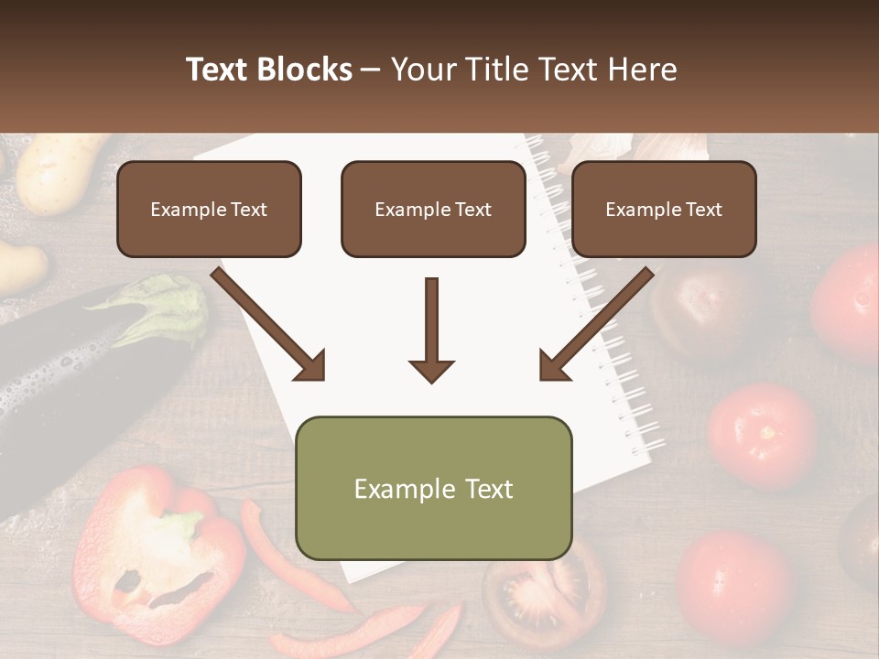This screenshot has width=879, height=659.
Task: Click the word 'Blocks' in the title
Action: click(305, 70)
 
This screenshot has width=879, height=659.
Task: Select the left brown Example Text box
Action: click(209, 209)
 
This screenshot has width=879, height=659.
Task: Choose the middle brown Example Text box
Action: click(433, 209)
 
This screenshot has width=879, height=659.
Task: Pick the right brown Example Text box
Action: click(664, 209)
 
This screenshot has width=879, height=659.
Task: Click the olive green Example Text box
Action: click(433, 488)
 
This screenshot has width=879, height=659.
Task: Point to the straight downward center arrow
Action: click(431, 329)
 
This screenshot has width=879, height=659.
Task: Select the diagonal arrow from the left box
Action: click(269, 324)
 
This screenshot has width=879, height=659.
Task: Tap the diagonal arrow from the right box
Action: click(597, 324)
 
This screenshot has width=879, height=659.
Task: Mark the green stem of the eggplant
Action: click(169, 307)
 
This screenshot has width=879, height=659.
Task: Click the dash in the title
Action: click(371, 70)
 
